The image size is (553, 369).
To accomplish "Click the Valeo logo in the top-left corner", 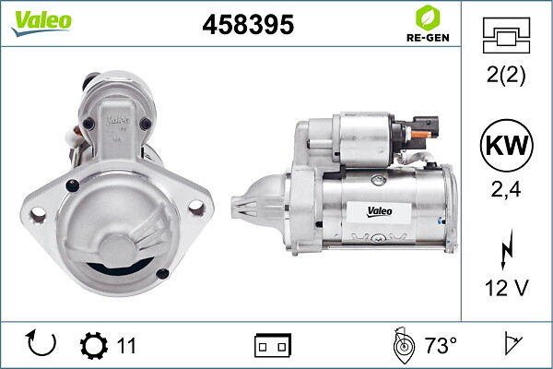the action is point(41,23).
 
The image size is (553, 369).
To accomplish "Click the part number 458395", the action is point(248,25).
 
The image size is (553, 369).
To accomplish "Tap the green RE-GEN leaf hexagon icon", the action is point(428,18).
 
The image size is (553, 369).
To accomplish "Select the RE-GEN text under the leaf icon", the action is point(428,38).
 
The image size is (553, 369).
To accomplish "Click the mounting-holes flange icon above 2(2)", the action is point(506,35).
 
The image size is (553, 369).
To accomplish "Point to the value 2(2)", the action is point(506,75).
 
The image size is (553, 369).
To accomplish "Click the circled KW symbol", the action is point(506,145).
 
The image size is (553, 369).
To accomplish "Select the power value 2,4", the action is point(506,189).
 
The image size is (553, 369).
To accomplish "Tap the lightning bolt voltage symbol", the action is point(507,249).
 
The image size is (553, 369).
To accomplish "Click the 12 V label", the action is point(506,288).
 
